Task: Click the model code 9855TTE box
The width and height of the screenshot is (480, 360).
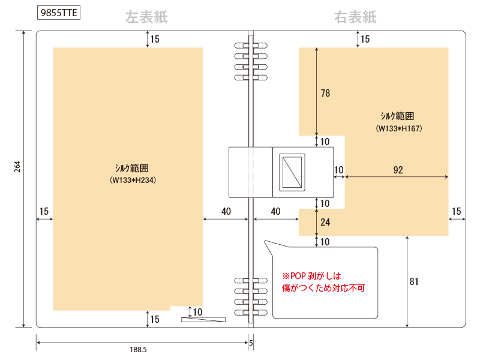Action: click(x=59, y=13)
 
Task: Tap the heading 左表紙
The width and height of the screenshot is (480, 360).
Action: click(x=146, y=17)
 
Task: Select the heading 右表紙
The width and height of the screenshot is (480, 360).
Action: click(x=355, y=17)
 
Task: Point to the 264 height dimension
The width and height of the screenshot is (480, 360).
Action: click(x=17, y=167)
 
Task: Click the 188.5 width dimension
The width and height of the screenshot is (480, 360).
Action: click(x=139, y=349)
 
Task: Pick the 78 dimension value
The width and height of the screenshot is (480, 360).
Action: click(x=325, y=93)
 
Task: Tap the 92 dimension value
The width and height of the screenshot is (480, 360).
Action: click(x=398, y=170)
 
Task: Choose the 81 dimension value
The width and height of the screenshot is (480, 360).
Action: click(x=414, y=281)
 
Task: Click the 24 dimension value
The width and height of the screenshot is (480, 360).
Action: click(x=325, y=222)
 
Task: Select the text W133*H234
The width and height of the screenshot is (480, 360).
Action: click(x=133, y=180)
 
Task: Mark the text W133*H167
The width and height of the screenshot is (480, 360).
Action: click(x=399, y=128)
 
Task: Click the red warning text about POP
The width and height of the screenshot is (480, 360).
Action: click(x=323, y=282)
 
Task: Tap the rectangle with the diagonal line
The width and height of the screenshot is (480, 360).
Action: click(x=292, y=172)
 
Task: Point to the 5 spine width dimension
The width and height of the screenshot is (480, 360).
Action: click(x=251, y=343)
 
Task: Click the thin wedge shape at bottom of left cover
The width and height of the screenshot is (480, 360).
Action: click(x=203, y=319)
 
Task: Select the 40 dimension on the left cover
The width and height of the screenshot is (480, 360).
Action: click(x=226, y=211)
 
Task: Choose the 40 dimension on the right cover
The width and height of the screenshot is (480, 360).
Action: click(x=275, y=211)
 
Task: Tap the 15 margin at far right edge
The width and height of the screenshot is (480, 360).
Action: click(x=457, y=211)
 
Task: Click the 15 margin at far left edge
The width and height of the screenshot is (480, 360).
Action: click(x=44, y=211)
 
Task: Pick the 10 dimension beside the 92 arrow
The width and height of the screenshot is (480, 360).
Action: click(x=338, y=170)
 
